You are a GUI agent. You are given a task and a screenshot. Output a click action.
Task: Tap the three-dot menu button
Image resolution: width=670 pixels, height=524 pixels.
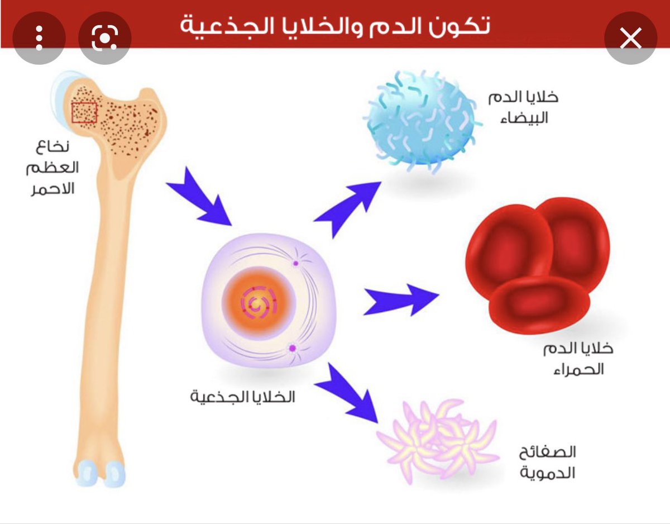pos(39,37)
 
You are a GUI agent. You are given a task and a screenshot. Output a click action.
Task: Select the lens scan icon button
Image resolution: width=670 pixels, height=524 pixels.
pos(105,37)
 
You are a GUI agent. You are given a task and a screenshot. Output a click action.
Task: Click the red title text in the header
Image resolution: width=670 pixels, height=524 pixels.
pos(335,25)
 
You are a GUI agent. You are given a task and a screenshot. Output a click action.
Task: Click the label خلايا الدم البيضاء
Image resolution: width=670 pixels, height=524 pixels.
pos(523,107)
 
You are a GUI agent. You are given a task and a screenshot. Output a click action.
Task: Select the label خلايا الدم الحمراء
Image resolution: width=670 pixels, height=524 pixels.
pos(578,359)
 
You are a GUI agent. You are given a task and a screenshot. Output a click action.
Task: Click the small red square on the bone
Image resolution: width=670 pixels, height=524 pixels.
pos(84,112)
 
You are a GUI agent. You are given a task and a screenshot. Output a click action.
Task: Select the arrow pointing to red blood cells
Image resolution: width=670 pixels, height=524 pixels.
pos(400,299)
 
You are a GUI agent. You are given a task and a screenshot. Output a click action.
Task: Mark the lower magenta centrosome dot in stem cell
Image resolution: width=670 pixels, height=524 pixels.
pos(291,348)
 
